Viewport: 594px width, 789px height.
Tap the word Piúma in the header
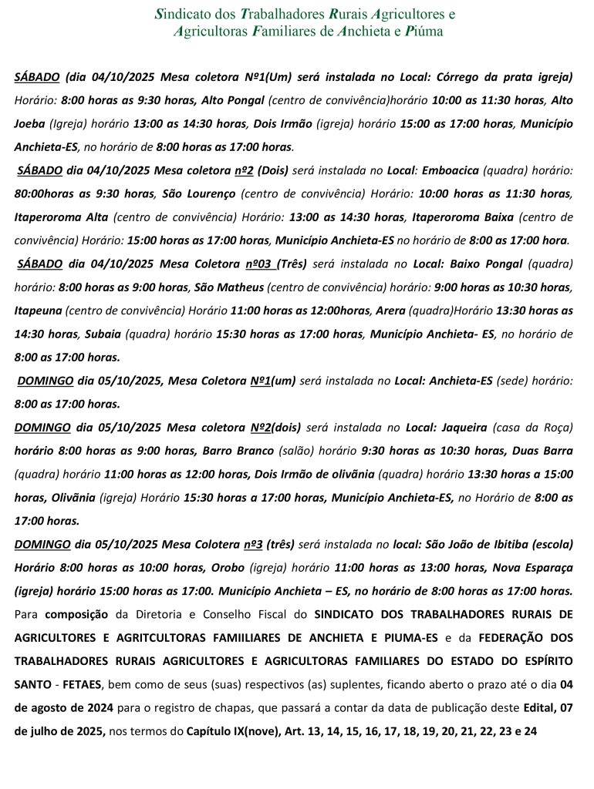[424, 32]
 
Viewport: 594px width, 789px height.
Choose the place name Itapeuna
[37, 311]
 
